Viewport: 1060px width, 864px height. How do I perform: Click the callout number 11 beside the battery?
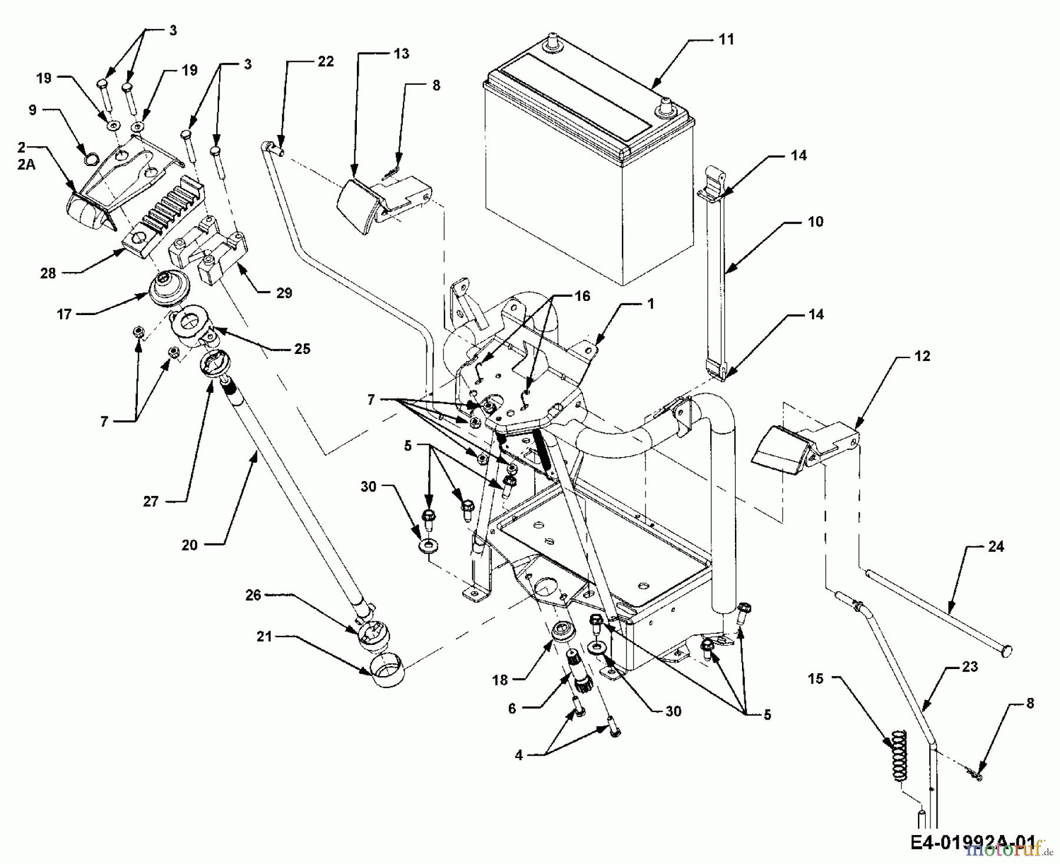[x=726, y=39]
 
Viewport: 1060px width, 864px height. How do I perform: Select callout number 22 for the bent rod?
[x=326, y=62]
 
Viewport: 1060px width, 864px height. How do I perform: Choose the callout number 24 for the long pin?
[x=996, y=547]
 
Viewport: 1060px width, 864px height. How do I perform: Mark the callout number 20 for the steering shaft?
[x=190, y=545]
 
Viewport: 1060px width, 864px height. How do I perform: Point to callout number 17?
[x=64, y=315]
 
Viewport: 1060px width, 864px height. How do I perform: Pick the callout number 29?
[x=284, y=293]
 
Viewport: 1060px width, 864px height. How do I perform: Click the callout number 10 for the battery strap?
[x=816, y=222]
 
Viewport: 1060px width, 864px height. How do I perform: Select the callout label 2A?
[x=26, y=164]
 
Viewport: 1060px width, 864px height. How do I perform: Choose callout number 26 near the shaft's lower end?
[x=253, y=595]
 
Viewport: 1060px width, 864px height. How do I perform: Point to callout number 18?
[x=500, y=680]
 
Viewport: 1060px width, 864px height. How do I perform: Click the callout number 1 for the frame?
[x=650, y=304]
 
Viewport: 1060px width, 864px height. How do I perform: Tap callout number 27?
[x=151, y=501]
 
